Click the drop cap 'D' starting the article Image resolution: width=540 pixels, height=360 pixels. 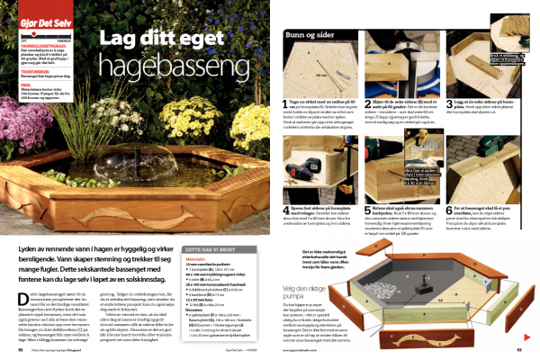point(21,285)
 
